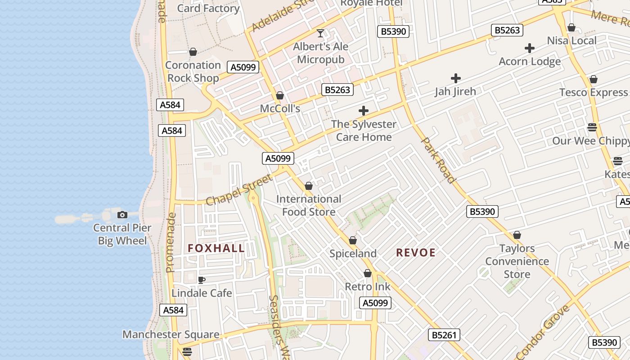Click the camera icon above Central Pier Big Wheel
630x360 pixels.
(x=122, y=215)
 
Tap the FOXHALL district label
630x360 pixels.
(x=216, y=248)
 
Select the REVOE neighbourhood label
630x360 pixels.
(x=416, y=252)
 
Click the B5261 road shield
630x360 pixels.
(x=444, y=334)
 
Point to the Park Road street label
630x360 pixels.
(x=438, y=160)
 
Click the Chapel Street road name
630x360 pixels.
(x=239, y=190)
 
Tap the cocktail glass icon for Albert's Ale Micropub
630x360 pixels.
(x=320, y=33)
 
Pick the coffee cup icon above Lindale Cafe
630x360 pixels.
(x=202, y=280)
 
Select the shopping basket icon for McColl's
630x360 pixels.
(x=280, y=95)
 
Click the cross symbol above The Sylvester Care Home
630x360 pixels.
(x=364, y=111)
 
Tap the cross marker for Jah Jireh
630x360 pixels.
(x=455, y=78)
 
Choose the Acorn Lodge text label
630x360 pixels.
(x=530, y=61)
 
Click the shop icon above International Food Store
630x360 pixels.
(x=309, y=186)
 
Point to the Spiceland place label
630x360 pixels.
(x=353, y=253)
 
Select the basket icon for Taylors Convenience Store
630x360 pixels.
(x=517, y=235)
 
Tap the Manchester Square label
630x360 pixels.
(x=171, y=334)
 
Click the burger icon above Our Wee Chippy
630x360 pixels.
(x=592, y=127)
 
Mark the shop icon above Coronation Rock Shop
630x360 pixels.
(x=193, y=52)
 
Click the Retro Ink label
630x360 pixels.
(x=368, y=287)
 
